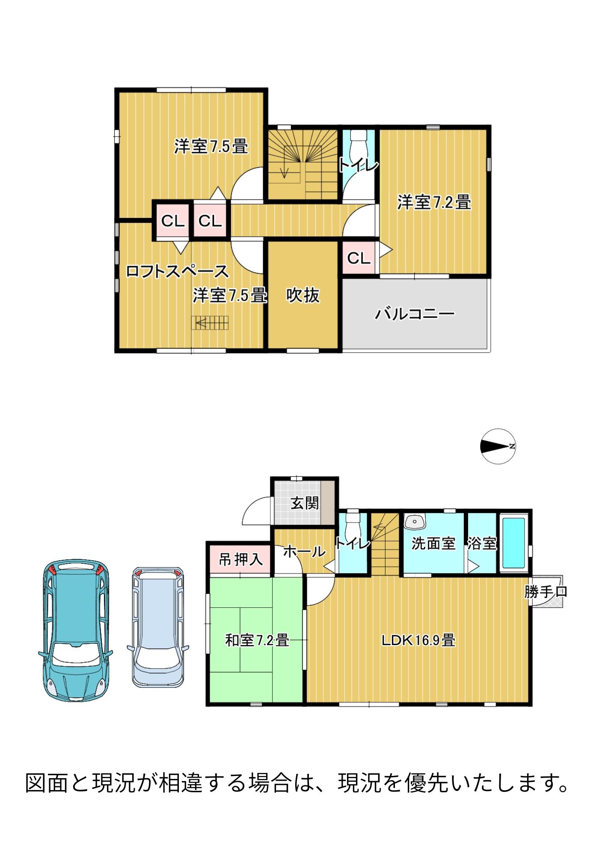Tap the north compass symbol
coord(498,446)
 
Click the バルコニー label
coord(415,314)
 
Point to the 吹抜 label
coord(303,295)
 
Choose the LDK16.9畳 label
coord(418,640)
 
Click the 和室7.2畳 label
coord(257,640)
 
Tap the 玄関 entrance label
coord(305,503)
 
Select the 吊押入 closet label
coord(240,559)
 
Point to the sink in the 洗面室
coord(414,522)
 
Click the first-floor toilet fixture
coord(353,521)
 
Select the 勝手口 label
coord(546,592)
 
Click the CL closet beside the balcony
coord(359,258)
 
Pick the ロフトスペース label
coord(177,271)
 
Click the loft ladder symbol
coord(210,323)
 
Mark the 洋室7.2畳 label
coord(434,202)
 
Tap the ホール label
coord(305,551)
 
